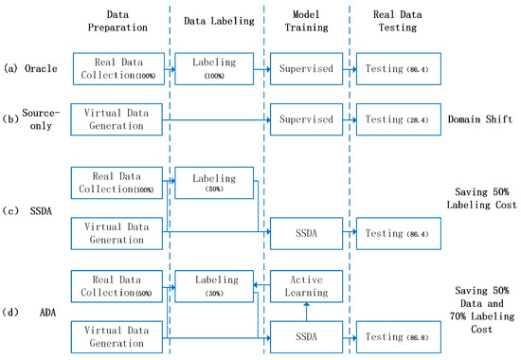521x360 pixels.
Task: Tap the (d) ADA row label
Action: pyautogui.click(x=31, y=309)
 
